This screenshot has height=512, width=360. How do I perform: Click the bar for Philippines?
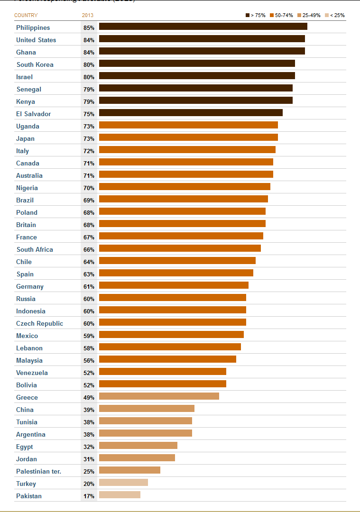pyautogui.click(x=203, y=27)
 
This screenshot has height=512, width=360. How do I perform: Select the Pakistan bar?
pyautogui.click(x=120, y=495)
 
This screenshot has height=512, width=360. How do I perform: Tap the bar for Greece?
pyautogui.click(x=159, y=396)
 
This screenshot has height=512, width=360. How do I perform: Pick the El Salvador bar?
pyautogui.click(x=191, y=113)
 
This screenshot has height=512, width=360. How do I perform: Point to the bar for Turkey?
pyautogui.click(x=123, y=483)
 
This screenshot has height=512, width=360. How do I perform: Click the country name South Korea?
pyautogui.click(x=35, y=64)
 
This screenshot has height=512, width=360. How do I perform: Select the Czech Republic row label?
pyautogui.click(x=39, y=323)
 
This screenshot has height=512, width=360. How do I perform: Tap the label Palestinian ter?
pyautogui.click(x=38, y=471)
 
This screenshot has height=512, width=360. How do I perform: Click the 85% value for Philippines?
pyautogui.click(x=89, y=28)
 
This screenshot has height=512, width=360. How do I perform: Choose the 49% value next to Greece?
pyautogui.click(x=89, y=398)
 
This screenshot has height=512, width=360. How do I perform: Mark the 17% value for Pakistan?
pyautogui.click(x=89, y=496)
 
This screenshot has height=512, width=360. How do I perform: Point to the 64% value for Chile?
pyautogui.click(x=89, y=262)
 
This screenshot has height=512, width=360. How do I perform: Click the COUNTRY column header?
pyautogui.click(x=26, y=15)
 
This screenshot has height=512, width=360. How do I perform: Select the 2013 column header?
pyautogui.click(x=88, y=15)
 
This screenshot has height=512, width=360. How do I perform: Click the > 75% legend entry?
pyautogui.click(x=256, y=15)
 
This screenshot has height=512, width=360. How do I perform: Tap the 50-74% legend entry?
pyautogui.click(x=281, y=15)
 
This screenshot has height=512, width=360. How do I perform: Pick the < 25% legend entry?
pyautogui.click(x=335, y=15)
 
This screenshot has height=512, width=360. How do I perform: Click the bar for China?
pyautogui.click(x=147, y=409)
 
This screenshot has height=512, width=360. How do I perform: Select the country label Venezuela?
pyautogui.click(x=32, y=373)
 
